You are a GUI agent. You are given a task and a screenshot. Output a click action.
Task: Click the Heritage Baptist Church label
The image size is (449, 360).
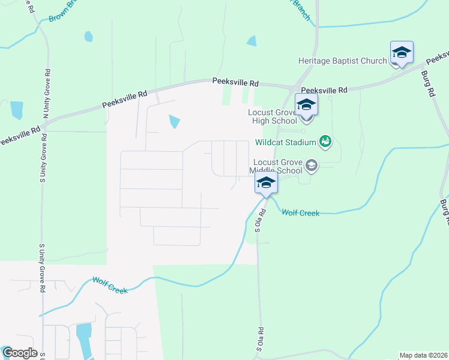(x=343, y=61)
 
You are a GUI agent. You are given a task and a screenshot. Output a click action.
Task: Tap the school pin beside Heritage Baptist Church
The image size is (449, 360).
(x=401, y=53)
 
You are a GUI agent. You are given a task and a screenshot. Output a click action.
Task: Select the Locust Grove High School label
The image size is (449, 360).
(x=273, y=117)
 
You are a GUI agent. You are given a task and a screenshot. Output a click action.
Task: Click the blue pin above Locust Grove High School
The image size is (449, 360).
(x=306, y=106)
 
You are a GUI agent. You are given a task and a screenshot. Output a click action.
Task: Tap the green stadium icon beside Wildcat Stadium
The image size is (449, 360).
(x=325, y=142)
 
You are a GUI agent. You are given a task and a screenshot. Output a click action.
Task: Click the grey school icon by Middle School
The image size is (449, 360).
(x=312, y=164)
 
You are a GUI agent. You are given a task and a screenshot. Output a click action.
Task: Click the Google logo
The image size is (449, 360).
(x=19, y=353)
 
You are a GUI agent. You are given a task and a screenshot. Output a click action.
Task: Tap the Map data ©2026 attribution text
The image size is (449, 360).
(x=423, y=355)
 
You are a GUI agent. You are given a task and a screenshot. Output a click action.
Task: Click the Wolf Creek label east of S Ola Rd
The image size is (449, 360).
(x=300, y=212)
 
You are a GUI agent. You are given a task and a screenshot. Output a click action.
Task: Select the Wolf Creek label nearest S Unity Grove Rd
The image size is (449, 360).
(x=109, y=285)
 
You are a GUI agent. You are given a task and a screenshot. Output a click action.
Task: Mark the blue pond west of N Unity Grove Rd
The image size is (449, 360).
(x=16, y=110)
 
